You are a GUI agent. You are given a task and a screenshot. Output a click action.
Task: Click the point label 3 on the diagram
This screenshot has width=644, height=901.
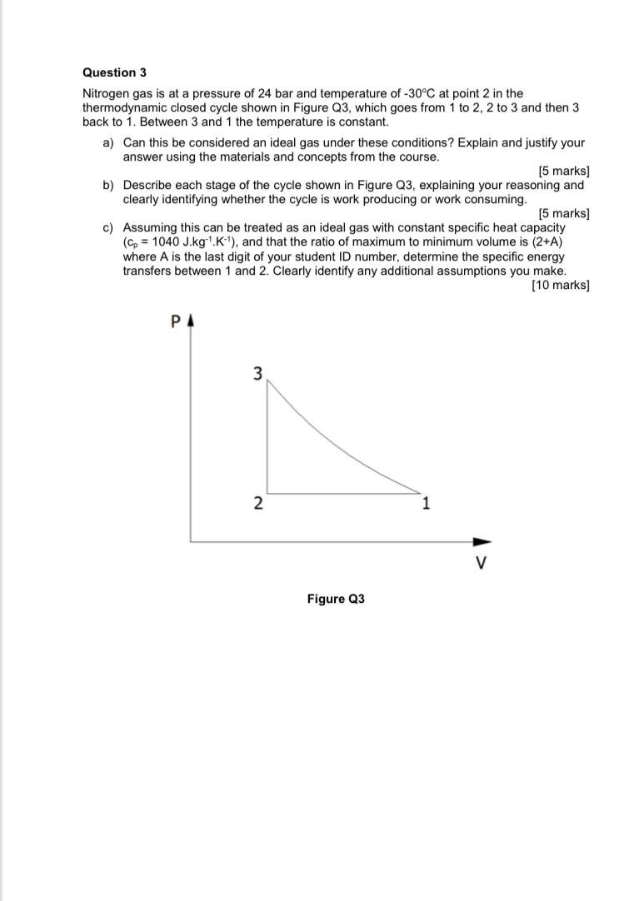[x=257, y=374]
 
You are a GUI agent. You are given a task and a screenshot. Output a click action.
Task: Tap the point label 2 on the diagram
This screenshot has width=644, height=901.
[x=257, y=503]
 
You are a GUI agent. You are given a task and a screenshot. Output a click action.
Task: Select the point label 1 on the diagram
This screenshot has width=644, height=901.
[x=426, y=502]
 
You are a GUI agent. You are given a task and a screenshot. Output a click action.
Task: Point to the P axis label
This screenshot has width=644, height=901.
[x=176, y=321]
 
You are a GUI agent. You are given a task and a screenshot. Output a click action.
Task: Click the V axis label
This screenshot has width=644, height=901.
[x=480, y=563]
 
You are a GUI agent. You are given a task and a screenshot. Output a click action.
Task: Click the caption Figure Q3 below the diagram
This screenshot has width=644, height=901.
[x=336, y=599]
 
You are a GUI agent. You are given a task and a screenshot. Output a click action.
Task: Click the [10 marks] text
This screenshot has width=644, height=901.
[x=560, y=286]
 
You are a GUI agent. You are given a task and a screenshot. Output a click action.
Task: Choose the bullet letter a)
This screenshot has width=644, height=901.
[x=108, y=143]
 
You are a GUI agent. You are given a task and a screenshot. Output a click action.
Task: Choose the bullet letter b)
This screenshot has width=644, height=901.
[x=108, y=185]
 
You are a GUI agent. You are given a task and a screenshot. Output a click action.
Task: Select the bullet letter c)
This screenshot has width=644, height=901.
[x=108, y=227]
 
